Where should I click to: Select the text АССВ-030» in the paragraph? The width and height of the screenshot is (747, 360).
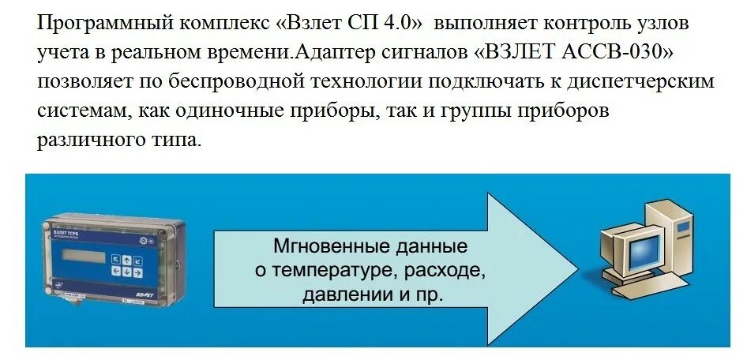click(x=621, y=53)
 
